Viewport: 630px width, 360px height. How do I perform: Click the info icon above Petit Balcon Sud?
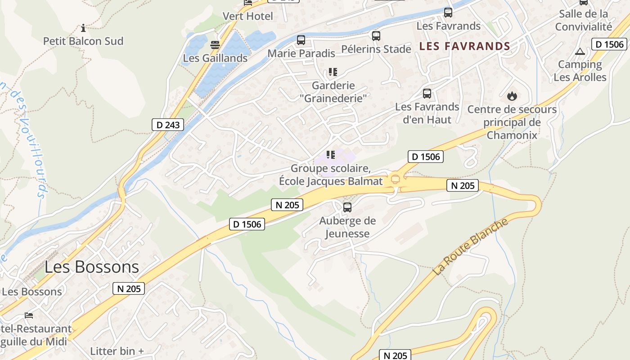[83, 28]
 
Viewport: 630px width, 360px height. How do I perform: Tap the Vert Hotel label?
[248, 16]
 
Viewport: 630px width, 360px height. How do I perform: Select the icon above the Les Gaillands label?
[215, 45]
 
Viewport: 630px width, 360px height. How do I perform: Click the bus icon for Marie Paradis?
[301, 40]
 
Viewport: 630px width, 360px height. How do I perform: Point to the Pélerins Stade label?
[376, 49]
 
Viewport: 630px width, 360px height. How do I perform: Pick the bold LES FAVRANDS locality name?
[465, 46]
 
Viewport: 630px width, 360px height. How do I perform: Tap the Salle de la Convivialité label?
[584, 20]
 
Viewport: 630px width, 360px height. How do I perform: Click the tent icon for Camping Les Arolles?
[580, 51]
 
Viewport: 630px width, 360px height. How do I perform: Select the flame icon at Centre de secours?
[512, 96]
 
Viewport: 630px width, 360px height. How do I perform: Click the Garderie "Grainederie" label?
[333, 91]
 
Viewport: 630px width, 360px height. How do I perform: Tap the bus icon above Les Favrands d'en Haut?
[427, 94]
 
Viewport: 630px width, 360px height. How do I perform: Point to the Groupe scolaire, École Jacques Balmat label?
[331, 175]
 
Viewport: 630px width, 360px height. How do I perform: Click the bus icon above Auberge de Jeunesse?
[347, 207]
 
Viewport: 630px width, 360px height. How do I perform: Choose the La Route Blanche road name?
[470, 247]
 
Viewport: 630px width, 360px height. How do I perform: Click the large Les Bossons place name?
[92, 267]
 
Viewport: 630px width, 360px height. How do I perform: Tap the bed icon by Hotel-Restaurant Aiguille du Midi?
[29, 315]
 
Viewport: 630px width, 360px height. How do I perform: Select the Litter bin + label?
[117, 351]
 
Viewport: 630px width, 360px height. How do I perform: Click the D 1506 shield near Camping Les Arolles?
[609, 44]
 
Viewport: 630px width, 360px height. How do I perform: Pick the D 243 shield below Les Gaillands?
[167, 125]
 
